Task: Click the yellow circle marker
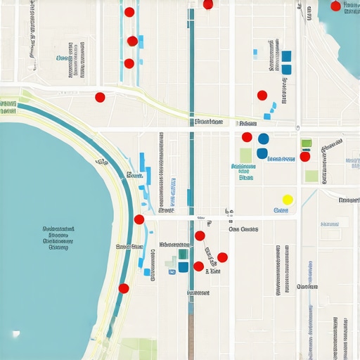click(x=287, y=200)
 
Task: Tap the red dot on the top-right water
click(x=335, y=6)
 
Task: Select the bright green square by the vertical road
click(x=306, y=143)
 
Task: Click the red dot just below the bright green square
click(x=304, y=156)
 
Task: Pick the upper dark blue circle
click(x=264, y=139)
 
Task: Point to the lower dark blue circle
click(x=262, y=153)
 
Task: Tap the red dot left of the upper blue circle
click(x=247, y=137)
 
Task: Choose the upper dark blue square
click(x=286, y=56)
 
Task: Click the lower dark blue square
click(x=286, y=69)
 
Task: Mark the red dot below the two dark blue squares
click(x=262, y=96)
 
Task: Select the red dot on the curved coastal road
click(x=124, y=288)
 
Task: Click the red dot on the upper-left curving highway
click(x=100, y=97)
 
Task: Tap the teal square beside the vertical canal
click(x=183, y=255)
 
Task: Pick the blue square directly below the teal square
click(x=183, y=267)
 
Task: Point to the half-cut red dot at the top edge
click(x=207, y=4)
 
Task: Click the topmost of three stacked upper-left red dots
click(x=129, y=11)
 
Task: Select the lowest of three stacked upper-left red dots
click(x=129, y=63)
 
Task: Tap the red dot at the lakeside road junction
click(x=139, y=219)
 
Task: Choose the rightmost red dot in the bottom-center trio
click(x=222, y=257)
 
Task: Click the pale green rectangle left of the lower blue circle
click(x=245, y=155)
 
